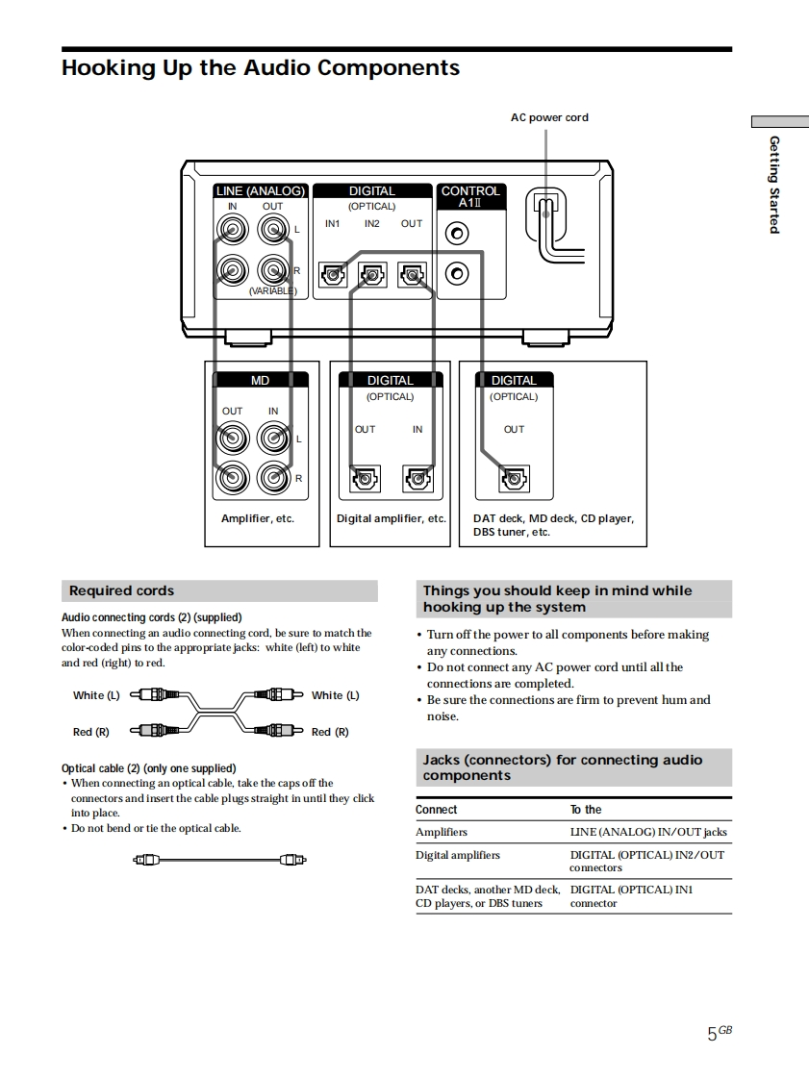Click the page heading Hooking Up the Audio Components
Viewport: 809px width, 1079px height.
coord(260,68)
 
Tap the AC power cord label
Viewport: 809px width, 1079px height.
coord(548,117)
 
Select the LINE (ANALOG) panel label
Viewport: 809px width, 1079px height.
coord(260,191)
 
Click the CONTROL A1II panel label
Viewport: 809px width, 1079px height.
coord(470,197)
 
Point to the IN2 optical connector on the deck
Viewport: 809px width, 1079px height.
coord(372,276)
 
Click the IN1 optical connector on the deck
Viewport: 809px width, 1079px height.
coord(333,276)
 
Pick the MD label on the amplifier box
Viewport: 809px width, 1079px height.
coord(260,381)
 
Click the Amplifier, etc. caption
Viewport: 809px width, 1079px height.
coord(258,518)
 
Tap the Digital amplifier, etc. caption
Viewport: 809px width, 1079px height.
coord(392,518)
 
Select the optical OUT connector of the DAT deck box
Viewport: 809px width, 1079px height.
coord(515,478)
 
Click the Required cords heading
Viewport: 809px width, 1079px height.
coord(121,591)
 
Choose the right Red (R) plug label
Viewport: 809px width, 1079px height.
coord(330,732)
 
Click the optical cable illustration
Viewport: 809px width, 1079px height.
coord(220,859)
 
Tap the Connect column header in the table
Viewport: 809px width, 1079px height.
coord(437,810)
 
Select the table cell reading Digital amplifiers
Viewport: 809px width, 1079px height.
coord(458,855)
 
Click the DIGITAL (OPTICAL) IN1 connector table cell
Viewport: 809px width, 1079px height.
coord(631,896)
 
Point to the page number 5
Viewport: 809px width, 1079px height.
coord(713,1035)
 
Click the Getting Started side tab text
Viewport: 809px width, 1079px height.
coord(773,184)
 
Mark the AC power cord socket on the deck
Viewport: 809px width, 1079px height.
coord(545,213)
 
